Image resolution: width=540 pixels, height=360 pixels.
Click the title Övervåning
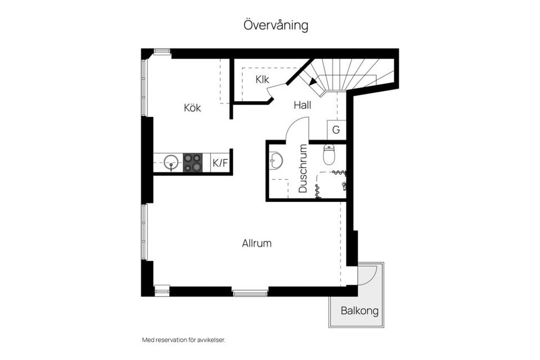click(276, 25)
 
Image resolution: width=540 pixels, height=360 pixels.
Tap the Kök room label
click(192, 107)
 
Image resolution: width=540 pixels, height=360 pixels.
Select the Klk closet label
click(262, 79)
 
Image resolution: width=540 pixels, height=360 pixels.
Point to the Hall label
click(302, 105)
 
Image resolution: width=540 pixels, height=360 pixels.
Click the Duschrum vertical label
click(303, 169)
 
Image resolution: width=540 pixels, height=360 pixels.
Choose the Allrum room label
click(257, 244)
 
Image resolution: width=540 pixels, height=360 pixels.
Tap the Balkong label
click(359, 311)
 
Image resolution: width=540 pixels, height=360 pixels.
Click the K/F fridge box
click(220, 164)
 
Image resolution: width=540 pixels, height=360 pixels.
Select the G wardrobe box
click(336, 130)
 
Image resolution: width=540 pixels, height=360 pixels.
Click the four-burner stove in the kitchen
click(192, 163)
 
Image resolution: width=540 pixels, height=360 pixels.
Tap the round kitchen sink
click(172, 162)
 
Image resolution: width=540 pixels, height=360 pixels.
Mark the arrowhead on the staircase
click(313, 82)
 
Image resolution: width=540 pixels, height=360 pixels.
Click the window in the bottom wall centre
click(250, 292)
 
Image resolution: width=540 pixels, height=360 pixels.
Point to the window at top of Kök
click(162, 52)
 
